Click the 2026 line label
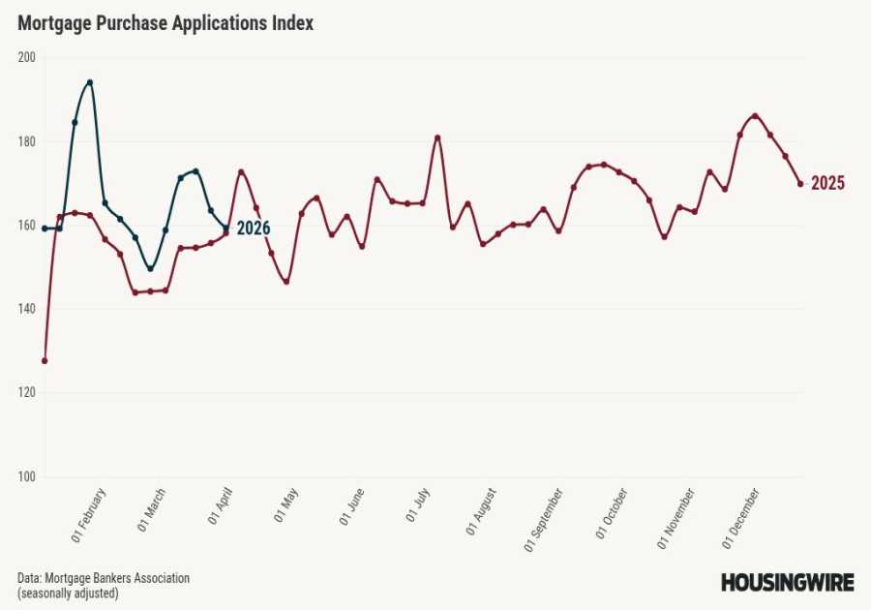coord(254,229)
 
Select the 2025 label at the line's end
coord(827,184)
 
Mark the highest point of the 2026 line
coord(89,82)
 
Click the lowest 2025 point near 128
coord(45,360)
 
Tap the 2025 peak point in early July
coord(437,137)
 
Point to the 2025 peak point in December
coord(755,116)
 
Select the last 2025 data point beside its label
coord(800,184)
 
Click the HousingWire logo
coord(787,582)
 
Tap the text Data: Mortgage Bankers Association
coord(104,578)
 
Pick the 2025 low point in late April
coord(286,281)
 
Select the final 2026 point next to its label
coord(225,229)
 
